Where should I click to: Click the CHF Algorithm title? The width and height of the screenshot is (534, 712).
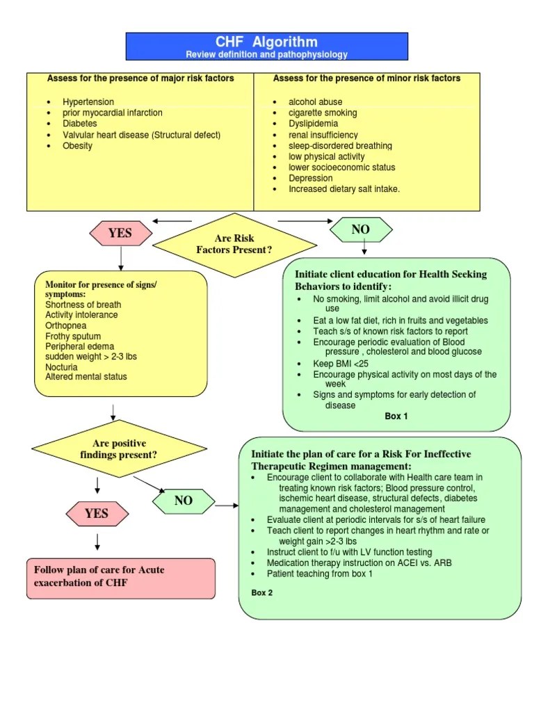[266, 42]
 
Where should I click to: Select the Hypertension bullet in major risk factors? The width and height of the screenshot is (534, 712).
[88, 102]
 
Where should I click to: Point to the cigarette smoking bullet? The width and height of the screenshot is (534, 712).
[323, 113]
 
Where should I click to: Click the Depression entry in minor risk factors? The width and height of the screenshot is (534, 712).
[310, 178]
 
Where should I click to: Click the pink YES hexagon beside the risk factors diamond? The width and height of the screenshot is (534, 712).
[120, 234]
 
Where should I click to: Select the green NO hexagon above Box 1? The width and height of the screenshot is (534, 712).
[360, 229]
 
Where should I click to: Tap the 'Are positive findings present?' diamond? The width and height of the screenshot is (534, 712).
[120, 449]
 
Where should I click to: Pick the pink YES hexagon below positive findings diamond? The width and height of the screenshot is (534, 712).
[97, 514]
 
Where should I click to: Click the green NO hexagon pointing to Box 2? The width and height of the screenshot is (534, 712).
[183, 501]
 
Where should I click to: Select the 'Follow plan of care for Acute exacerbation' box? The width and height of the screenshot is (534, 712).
[120, 577]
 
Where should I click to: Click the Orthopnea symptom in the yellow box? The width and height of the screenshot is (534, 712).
[67, 325]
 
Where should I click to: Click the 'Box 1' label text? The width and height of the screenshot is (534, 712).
[396, 416]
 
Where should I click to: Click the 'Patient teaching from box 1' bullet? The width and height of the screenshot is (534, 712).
[320, 574]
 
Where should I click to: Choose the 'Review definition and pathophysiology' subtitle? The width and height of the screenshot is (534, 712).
[266, 54]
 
